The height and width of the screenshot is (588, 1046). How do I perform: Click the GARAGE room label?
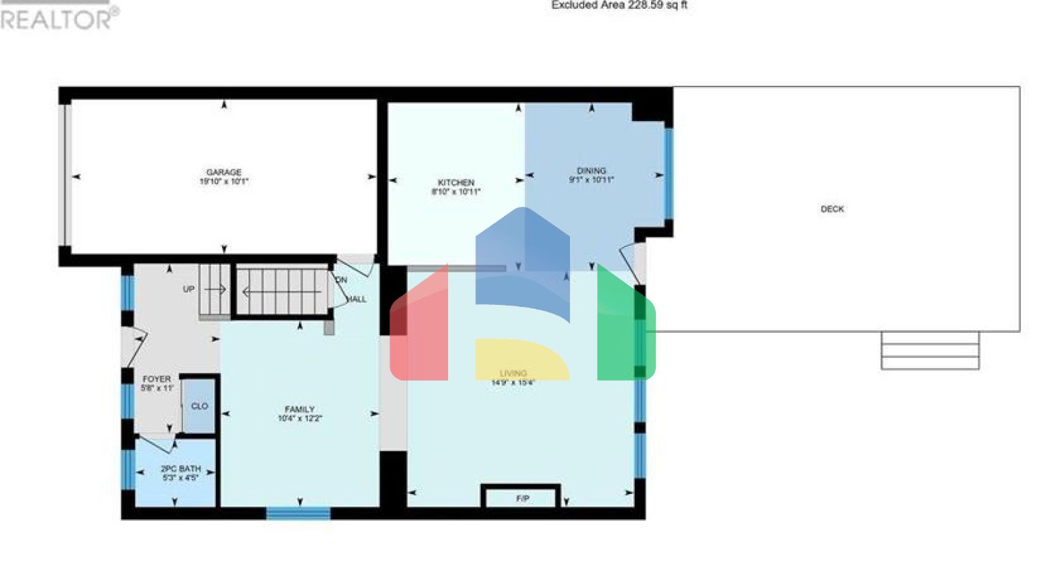point(224,172)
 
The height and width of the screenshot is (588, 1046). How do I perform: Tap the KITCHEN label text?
point(456,182)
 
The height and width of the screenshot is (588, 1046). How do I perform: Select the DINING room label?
point(591,171)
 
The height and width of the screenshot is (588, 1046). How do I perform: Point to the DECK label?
point(831,209)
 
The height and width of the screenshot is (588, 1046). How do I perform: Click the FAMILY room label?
point(300,409)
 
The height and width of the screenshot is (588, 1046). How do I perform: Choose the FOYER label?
point(157,379)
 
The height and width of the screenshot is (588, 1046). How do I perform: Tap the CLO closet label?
point(200,406)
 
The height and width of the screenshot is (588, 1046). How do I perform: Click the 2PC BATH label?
point(180,469)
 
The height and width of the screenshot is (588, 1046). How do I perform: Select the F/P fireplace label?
point(522,499)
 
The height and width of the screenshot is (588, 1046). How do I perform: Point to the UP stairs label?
point(189,289)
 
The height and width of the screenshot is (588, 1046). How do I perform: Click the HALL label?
point(357,299)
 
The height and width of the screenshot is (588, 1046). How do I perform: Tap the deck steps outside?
point(930,350)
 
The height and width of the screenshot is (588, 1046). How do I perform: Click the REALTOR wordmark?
point(58,18)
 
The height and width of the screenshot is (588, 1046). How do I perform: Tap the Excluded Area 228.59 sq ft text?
point(619,5)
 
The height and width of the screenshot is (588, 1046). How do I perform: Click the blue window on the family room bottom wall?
point(298,513)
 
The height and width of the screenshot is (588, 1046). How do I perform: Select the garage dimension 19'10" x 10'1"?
point(224,182)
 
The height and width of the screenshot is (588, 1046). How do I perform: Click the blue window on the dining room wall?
point(669,174)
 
